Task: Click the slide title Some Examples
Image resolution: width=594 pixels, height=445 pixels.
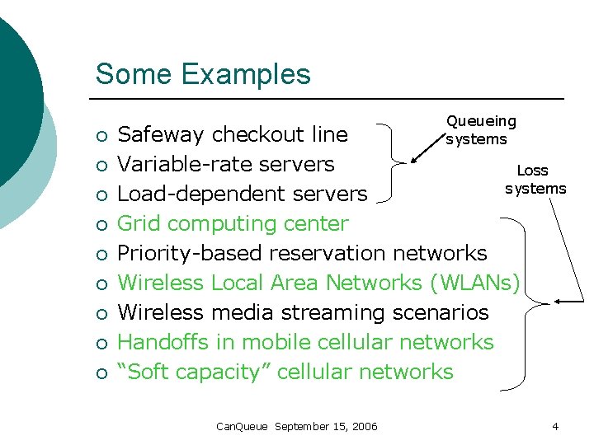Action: [x=203, y=74]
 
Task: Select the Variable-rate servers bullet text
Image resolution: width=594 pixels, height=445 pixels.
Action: [x=225, y=163]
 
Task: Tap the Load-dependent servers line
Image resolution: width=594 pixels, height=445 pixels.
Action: [x=242, y=194]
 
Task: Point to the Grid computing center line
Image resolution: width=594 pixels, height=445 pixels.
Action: [x=233, y=223]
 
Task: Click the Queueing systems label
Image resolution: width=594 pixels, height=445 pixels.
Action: [x=480, y=130]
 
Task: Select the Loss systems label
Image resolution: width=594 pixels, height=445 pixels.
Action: [x=535, y=180]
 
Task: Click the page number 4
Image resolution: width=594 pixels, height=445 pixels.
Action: [x=555, y=426]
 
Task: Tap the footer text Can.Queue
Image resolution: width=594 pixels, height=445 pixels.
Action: [x=242, y=426]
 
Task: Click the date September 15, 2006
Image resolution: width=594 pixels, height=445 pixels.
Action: [x=326, y=426]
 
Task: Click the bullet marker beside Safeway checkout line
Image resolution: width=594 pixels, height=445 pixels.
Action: [x=100, y=135]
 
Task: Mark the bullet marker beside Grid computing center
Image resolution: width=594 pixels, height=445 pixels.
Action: [x=100, y=224]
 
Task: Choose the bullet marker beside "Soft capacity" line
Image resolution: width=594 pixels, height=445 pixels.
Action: [x=100, y=372]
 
